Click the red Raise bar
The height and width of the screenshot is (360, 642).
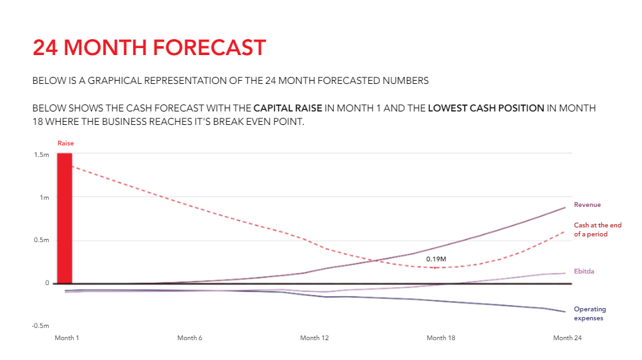(65, 218)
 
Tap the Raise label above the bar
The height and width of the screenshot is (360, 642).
(65, 143)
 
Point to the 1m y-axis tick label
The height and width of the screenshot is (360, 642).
(44, 198)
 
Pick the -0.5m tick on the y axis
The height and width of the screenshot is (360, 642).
(40, 325)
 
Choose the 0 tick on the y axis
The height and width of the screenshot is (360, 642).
(47, 283)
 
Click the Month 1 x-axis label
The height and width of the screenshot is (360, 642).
(67, 338)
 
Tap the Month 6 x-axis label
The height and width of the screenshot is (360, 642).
(190, 338)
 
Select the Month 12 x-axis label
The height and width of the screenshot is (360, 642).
(314, 338)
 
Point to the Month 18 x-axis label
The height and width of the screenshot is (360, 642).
(441, 338)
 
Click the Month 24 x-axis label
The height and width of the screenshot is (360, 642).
(567, 338)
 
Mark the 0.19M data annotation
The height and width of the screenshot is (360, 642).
(436, 259)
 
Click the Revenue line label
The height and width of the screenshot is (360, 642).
(587, 205)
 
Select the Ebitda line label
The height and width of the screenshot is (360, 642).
(584, 272)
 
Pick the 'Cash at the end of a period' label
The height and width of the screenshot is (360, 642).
(597, 229)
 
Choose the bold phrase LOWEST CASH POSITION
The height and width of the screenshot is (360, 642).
(486, 108)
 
